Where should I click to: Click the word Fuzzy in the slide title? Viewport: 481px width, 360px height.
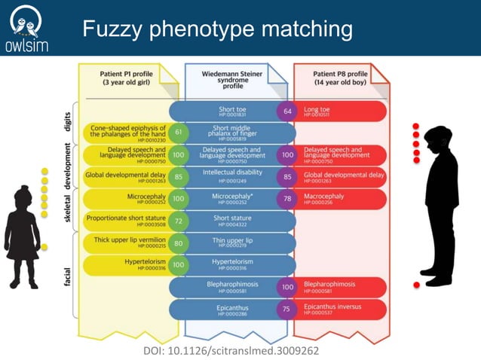click(x=113, y=30)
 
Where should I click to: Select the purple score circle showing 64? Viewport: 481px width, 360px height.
click(x=287, y=111)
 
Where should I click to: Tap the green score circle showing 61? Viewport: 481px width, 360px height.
click(x=179, y=133)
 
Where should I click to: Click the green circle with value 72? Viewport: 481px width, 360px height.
click(x=179, y=221)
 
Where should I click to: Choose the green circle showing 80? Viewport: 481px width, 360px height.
click(x=179, y=243)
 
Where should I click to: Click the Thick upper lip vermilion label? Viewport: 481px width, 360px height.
click(x=125, y=243)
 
